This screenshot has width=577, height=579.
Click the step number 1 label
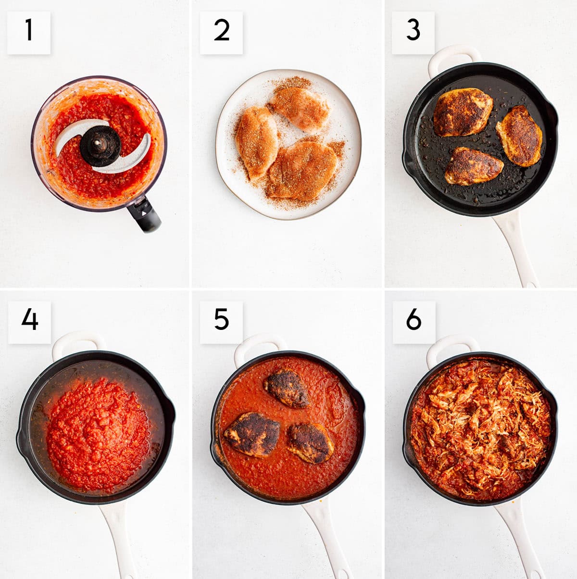(x=29, y=32)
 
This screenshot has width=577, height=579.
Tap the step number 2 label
(x=221, y=32)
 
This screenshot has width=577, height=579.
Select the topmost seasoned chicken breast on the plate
(x=301, y=108)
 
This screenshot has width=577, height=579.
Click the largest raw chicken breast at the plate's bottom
(x=302, y=171)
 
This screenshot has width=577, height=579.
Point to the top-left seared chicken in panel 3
(x=463, y=112)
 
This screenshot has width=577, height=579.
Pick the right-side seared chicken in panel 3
(x=520, y=136)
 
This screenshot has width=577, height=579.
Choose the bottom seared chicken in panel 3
(x=474, y=166)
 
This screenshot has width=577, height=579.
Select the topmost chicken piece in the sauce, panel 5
(x=287, y=388)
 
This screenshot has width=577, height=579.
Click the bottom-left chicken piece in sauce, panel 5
(x=252, y=434)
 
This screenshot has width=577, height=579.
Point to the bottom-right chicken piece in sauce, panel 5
(x=311, y=443)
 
